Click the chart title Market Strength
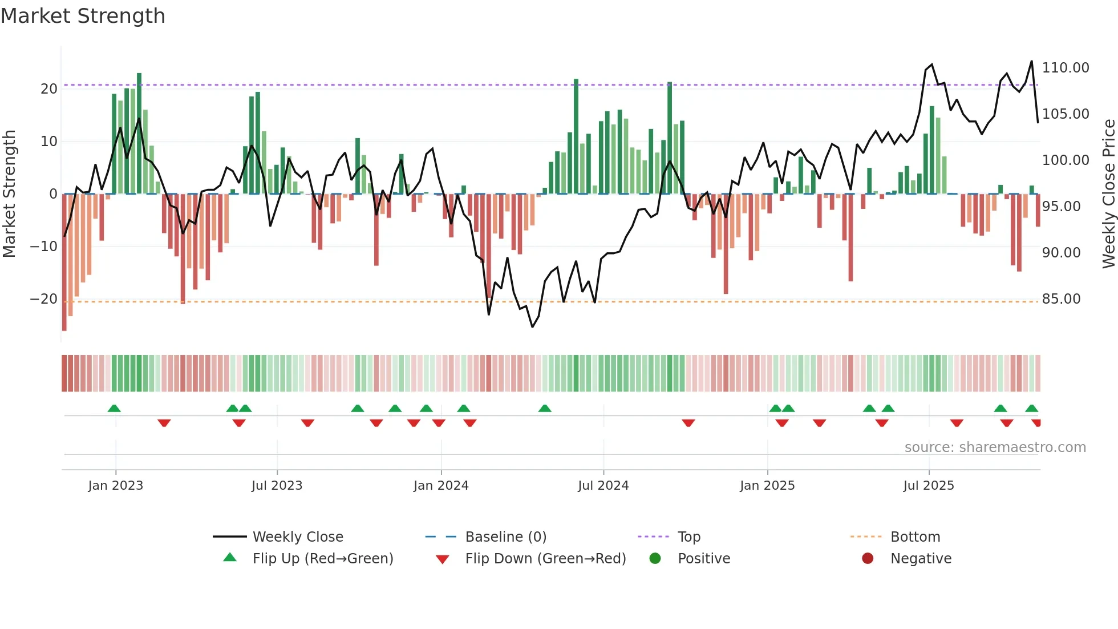(x=83, y=16)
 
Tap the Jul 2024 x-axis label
(x=603, y=486)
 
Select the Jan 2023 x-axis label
(x=115, y=486)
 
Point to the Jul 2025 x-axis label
(x=928, y=486)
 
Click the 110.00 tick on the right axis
(x=1065, y=68)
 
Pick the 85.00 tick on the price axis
(x=1061, y=299)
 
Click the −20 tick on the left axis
(x=43, y=299)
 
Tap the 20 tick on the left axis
(x=49, y=89)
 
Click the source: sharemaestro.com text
(x=995, y=447)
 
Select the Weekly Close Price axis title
(x=1108, y=194)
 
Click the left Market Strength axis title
(x=9, y=194)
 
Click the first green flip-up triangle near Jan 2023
(x=114, y=409)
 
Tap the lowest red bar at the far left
(x=64, y=263)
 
